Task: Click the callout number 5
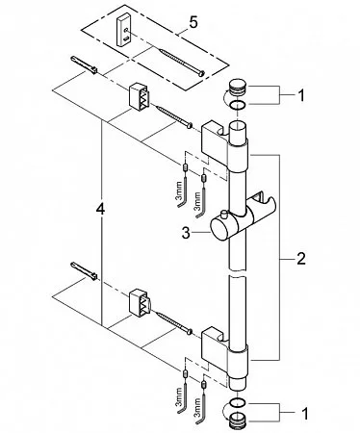193,23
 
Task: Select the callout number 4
100,210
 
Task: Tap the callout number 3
186,233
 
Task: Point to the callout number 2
301,259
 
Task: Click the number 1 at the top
301,95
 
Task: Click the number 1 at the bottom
304,414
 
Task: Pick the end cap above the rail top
238,88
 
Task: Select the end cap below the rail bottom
238,418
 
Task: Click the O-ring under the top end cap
238,104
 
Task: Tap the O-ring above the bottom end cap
238,402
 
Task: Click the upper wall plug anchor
84,64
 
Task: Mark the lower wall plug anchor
84,270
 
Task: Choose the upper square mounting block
140,96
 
